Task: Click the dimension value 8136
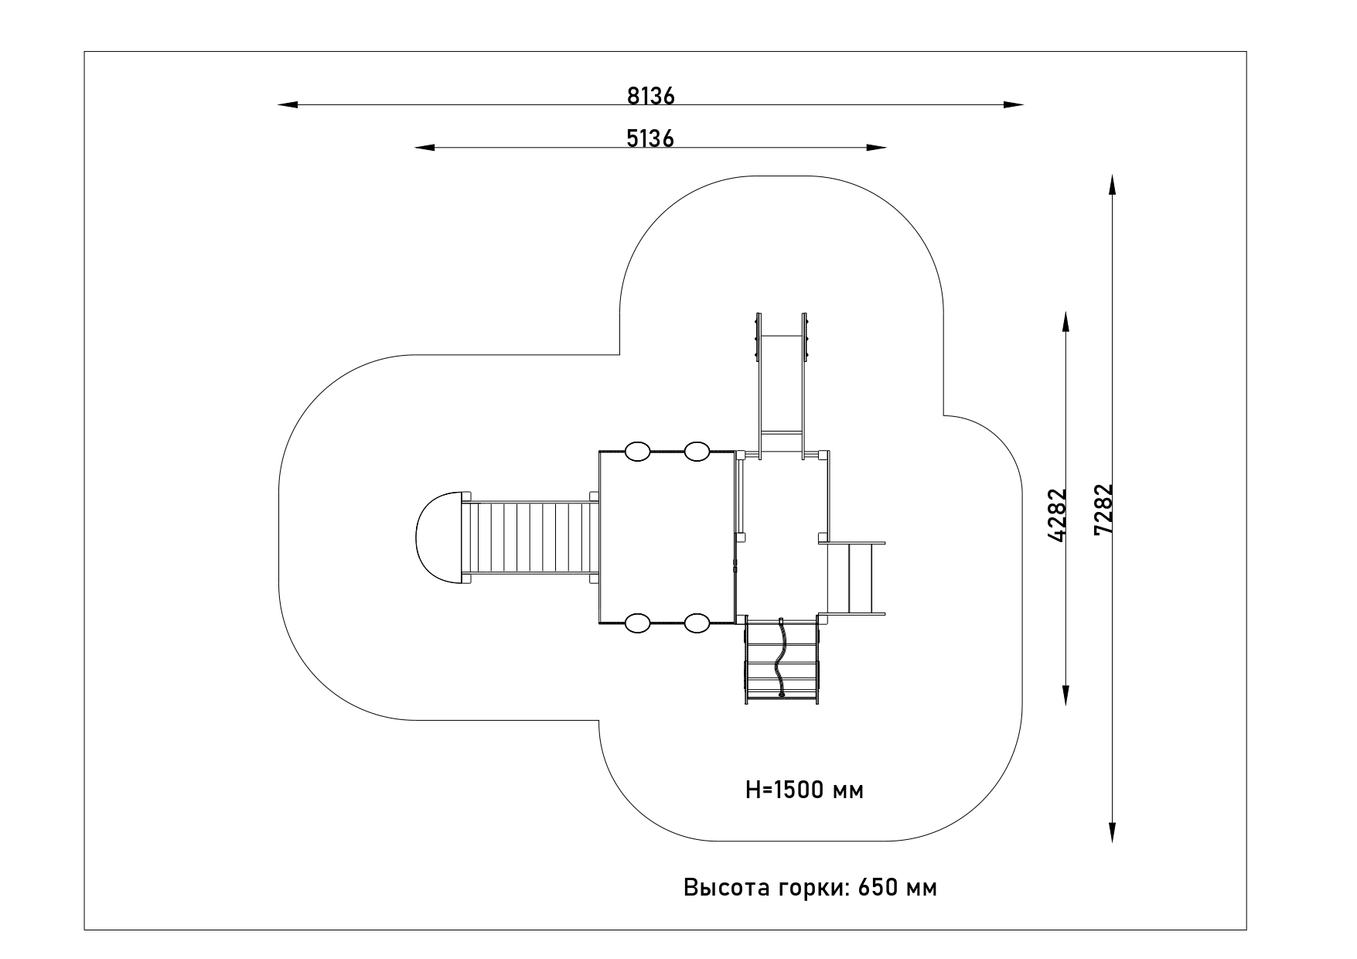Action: tap(651, 96)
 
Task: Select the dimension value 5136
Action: tap(650, 138)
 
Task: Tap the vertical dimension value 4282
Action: tap(1057, 514)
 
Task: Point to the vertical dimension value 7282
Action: tap(1103, 509)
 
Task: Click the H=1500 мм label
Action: tap(804, 790)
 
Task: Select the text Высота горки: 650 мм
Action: tap(810, 887)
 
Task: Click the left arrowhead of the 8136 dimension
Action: tap(288, 104)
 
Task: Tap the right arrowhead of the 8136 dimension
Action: tap(1014, 104)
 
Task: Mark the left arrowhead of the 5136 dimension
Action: tap(425, 147)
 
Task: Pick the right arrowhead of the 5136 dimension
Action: tap(876, 147)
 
